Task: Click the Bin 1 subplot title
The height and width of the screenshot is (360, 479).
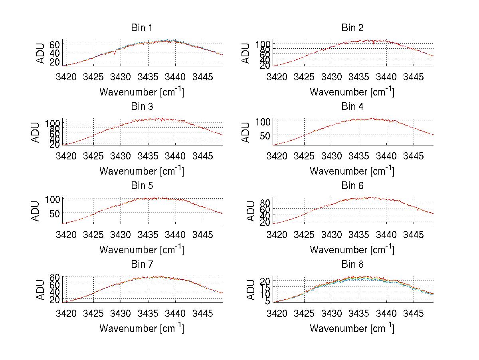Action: coord(142,28)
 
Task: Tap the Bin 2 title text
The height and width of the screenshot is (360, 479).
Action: coord(352,28)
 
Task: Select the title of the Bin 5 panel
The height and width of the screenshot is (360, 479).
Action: coord(142,186)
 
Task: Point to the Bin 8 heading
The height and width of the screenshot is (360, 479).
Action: coord(352,265)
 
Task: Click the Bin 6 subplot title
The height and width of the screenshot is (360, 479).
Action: coord(352,186)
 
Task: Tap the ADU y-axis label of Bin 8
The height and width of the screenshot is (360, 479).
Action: coord(251,290)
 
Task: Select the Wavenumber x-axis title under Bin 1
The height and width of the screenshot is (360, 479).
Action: coord(142,92)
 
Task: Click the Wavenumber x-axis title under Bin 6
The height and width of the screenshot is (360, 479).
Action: coord(352,250)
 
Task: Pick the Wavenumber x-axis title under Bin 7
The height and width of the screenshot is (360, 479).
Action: coord(142,328)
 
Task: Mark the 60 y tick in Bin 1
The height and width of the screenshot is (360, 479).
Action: coord(55,44)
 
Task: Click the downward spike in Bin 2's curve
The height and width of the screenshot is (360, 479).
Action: coord(374,44)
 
